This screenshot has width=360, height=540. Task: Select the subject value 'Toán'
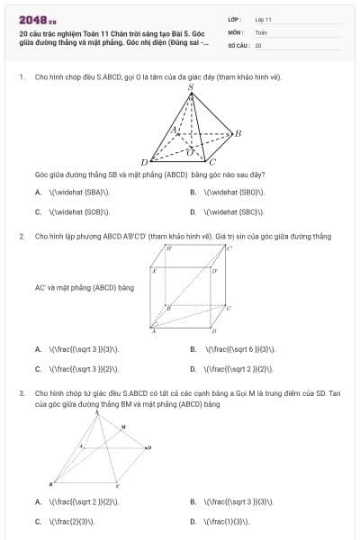[261, 31]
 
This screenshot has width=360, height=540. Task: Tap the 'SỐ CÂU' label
[238, 44]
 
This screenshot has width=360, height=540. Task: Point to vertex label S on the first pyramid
[191, 87]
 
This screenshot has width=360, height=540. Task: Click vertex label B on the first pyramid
[238, 133]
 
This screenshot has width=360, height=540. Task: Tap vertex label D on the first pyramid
[144, 161]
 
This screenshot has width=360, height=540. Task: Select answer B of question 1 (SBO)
[234, 192]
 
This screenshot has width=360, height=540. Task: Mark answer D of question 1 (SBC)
[234, 212]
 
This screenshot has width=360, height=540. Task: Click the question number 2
[21, 236]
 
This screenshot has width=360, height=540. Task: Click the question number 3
[21, 393]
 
